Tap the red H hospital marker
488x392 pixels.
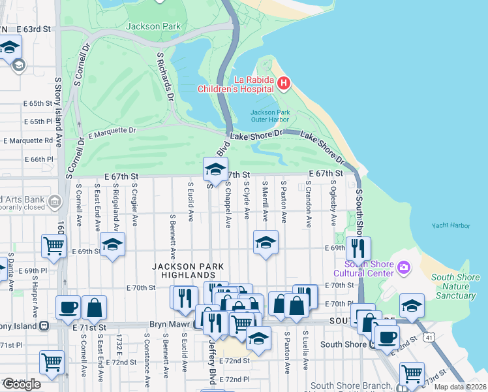pyautogui.click(x=283, y=82)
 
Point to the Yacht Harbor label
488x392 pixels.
pyautogui.click(x=450, y=225)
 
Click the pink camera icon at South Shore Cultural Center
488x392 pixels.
pyautogui.click(x=404, y=267)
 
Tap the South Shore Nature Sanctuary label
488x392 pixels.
pyautogui.click(x=454, y=286)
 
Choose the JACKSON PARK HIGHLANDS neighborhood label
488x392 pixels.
pyautogui.click(x=188, y=272)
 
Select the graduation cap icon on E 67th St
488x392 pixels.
pyautogui.click(x=214, y=170)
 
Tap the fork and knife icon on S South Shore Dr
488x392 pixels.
pyautogui.click(x=358, y=248)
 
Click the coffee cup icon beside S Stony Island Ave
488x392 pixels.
pyautogui.click(x=68, y=307)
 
